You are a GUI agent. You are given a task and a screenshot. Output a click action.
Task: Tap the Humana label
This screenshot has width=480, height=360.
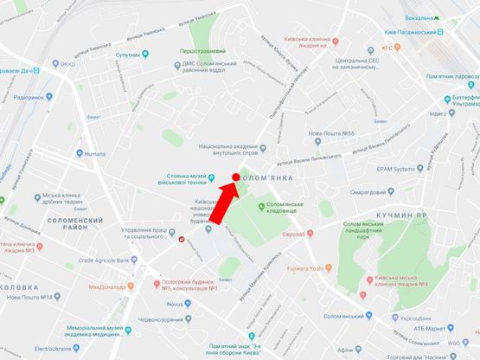click(x=94, y=153)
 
